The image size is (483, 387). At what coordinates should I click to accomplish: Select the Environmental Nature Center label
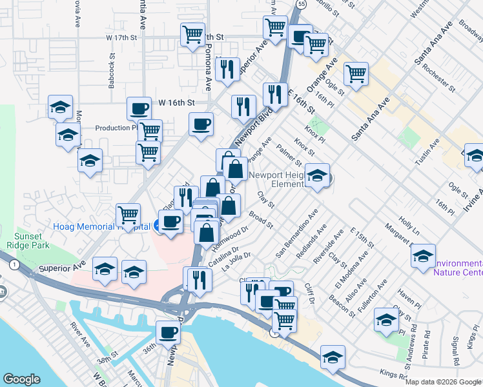(458, 268)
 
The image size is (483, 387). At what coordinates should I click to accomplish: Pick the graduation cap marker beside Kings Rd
(333, 357)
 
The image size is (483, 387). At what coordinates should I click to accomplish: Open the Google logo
(21, 379)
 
